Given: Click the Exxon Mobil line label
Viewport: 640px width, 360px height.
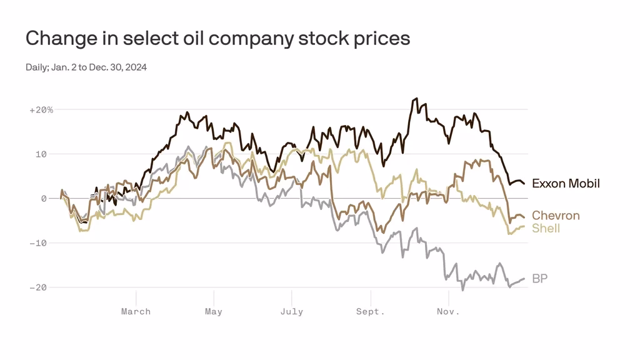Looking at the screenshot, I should tap(566, 183).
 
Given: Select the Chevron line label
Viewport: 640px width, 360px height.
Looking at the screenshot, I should tap(556, 216).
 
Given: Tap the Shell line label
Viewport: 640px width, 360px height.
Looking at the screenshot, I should tap(546, 228).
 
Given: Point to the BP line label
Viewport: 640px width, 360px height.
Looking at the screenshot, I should tap(539, 278).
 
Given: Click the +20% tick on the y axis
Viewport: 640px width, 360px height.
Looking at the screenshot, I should tap(41, 110).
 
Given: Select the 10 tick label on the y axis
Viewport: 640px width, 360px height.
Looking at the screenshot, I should tap(41, 154).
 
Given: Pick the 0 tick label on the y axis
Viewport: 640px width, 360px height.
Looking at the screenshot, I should tap(44, 199).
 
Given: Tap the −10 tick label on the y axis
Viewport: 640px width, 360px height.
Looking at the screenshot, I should tap(39, 243).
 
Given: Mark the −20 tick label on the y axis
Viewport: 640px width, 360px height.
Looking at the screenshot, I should tap(39, 287).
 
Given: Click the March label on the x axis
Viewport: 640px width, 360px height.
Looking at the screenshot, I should tap(136, 311).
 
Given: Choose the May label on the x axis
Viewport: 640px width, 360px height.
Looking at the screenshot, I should tap(214, 311).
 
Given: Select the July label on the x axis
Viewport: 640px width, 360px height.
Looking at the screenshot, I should tap(292, 311).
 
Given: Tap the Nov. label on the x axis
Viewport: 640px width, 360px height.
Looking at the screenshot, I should tap(448, 311).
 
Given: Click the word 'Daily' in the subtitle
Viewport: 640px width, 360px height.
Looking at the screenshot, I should tap(35, 67).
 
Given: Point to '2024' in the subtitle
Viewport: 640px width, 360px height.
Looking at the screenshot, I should tap(136, 67).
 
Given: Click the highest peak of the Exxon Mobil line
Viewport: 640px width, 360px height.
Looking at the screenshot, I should tap(416, 99).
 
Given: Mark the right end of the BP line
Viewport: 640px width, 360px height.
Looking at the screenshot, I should tap(524, 279).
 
